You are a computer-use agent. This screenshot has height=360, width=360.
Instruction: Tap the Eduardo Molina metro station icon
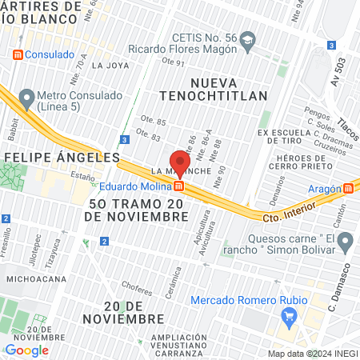[x=180, y=186]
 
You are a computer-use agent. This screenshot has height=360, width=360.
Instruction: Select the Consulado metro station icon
[x=17, y=54]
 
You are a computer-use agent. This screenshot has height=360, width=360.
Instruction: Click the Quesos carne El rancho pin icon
[x=345, y=241]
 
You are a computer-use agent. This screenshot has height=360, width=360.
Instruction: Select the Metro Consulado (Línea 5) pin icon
[x=27, y=99]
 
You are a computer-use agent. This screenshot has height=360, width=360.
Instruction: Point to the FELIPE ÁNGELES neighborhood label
[x=61, y=157]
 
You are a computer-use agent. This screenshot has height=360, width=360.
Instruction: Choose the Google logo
[x=26, y=350]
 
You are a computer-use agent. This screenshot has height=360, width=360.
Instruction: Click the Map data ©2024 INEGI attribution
[x=312, y=353]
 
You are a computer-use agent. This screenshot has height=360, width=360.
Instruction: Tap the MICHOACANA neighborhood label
[x=35, y=278]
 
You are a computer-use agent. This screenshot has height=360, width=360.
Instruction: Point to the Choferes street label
[x=136, y=284]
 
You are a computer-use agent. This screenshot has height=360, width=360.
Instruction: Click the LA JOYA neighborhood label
[x=108, y=66]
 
